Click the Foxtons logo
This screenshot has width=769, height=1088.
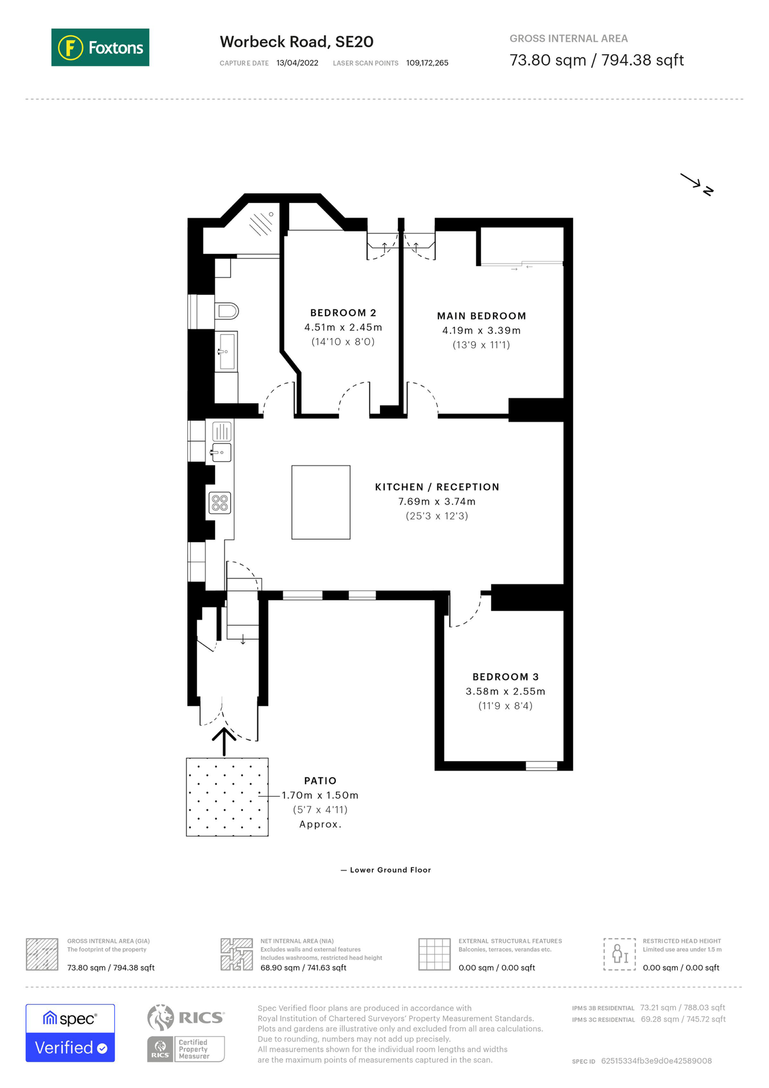click(100, 47)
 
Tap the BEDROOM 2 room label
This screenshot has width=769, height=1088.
click(343, 312)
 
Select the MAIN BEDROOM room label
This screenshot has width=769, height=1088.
click(481, 316)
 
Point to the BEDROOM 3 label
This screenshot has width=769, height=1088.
click(505, 677)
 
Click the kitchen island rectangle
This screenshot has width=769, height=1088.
click(321, 502)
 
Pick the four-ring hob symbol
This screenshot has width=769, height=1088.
click(220, 503)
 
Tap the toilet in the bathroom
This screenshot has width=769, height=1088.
click(227, 311)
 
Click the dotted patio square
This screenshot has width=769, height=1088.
click(227, 797)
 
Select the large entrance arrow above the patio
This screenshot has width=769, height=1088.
click(224, 741)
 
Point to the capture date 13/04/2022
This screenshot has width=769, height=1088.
click(297, 63)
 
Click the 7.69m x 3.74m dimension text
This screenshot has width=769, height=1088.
click(437, 502)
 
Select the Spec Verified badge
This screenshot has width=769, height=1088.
click(70, 1033)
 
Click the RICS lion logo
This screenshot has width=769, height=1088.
click(161, 1017)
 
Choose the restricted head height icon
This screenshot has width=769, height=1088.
click(619, 954)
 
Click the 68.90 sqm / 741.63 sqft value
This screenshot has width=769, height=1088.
click(303, 968)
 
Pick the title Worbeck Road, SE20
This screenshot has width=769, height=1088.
click(297, 42)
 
